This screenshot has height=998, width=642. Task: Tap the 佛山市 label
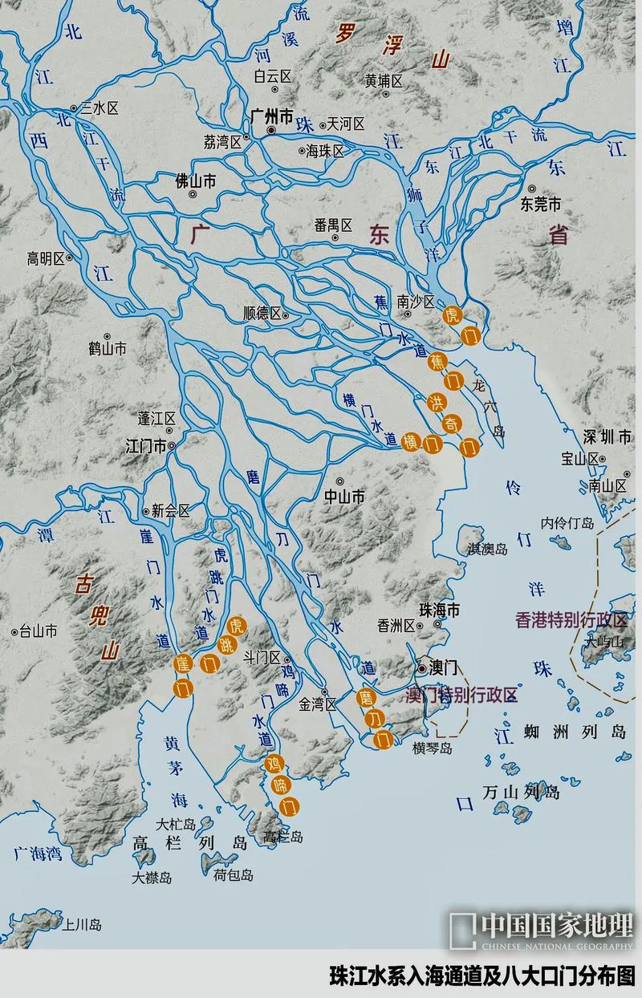tap(196, 182)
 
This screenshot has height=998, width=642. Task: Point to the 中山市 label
tap(344, 497)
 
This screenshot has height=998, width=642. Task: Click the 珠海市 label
tap(441, 611)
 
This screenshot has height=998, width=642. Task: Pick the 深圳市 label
tap(609, 437)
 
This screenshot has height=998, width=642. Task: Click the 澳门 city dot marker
tap(422, 667)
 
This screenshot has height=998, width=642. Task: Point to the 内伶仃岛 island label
tap(567, 522)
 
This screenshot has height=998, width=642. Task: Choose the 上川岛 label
tap(83, 924)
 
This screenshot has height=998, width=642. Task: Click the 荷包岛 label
tap(234, 875)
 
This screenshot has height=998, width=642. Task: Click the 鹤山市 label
tap(108, 349)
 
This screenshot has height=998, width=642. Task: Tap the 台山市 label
tap(39, 631)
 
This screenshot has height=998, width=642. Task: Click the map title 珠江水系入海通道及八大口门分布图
tap(481, 978)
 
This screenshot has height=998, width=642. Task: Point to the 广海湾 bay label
tap(38, 853)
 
